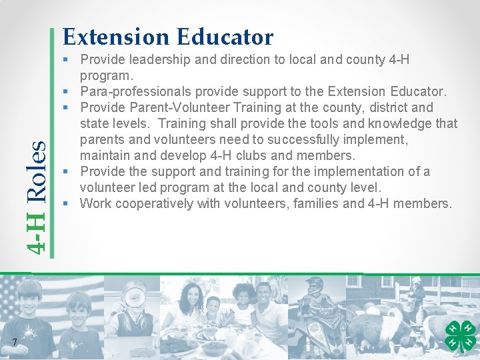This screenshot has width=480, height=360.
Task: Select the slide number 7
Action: coord(14,343)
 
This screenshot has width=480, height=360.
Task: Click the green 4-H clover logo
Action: coord(459,336)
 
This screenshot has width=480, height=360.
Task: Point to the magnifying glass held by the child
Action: coord(134,295)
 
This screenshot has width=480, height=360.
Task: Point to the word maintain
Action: coord(105,155)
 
